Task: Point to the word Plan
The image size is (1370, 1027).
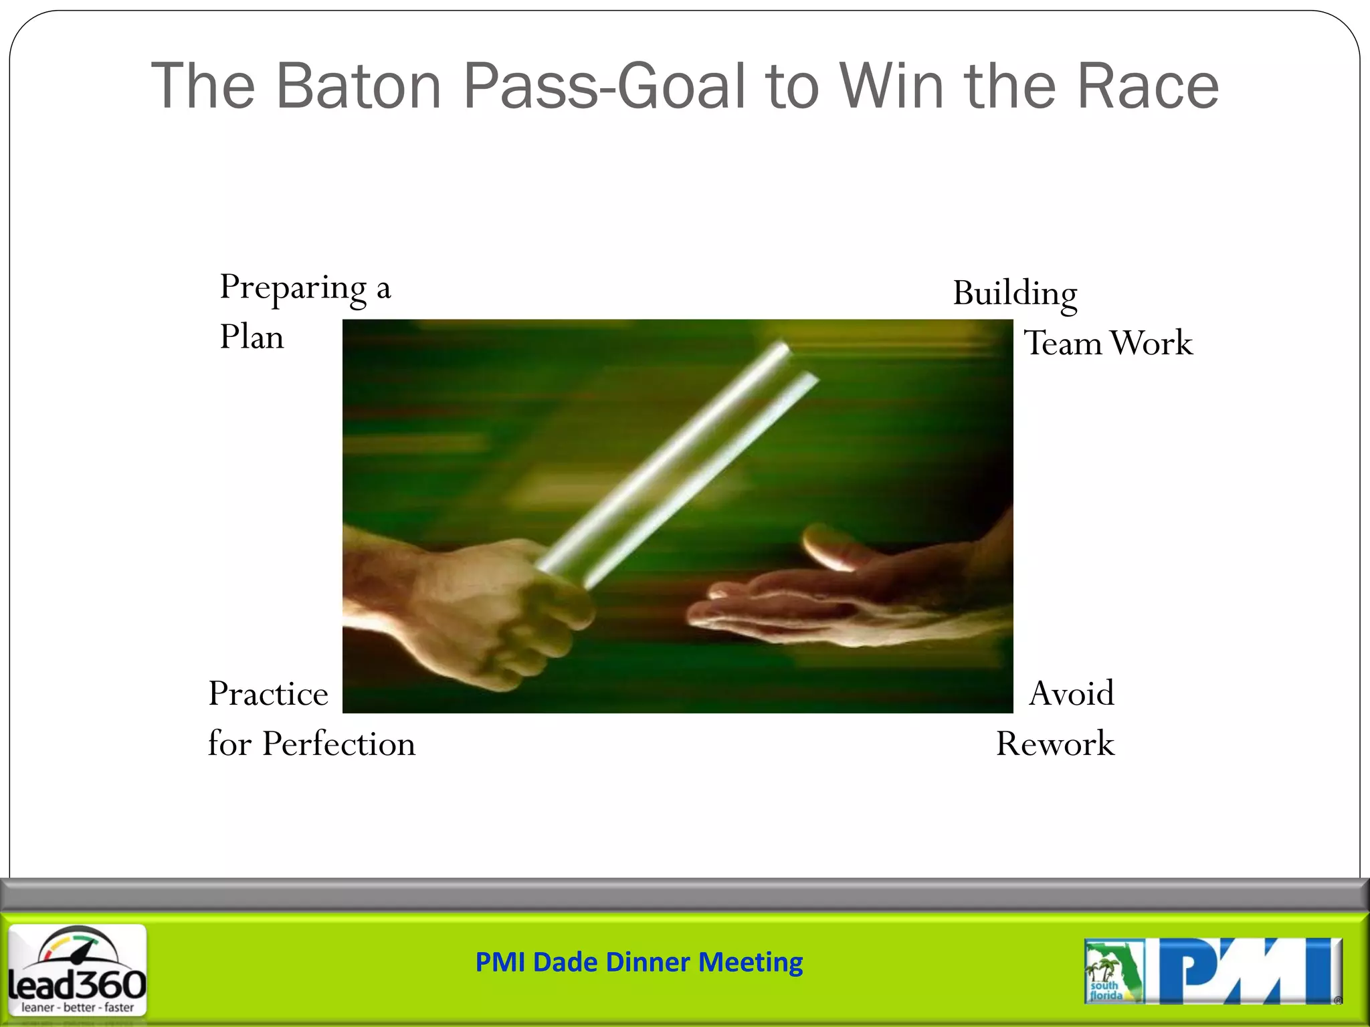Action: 252,336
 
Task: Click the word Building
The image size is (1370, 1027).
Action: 1015,294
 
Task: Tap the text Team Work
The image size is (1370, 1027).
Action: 1108,343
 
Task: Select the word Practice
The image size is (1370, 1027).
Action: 268,693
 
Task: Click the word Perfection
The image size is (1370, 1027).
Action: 338,744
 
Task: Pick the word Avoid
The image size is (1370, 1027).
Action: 1071,693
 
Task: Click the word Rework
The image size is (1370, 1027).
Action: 1055,744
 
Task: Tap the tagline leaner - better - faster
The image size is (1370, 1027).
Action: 77,1008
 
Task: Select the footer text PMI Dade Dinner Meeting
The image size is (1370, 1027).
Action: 639,962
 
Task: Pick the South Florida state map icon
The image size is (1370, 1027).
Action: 1113,971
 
